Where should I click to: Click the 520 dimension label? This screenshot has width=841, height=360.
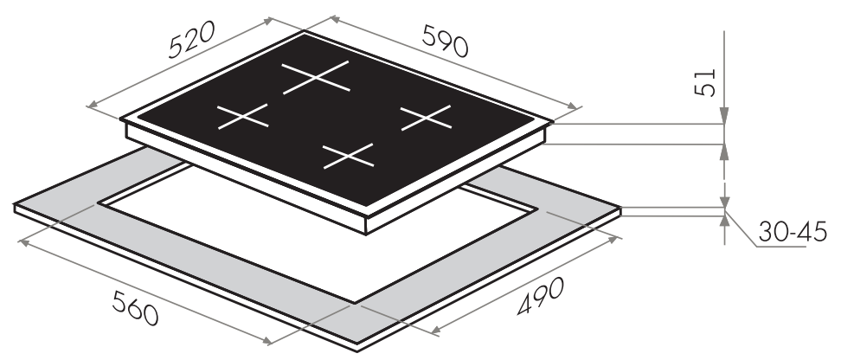tap(191, 39)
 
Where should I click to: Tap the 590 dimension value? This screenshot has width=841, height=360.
tap(446, 41)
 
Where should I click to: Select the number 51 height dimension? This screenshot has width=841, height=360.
tap(705, 82)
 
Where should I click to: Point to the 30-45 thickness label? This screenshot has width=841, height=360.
tap(793, 232)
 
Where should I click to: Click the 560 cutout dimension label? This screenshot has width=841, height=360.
tap(135, 308)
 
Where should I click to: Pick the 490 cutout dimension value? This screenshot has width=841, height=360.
tap(541, 296)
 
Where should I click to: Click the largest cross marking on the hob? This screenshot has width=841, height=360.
tap(316, 77)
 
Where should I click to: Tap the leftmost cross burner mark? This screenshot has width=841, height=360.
tap(242, 116)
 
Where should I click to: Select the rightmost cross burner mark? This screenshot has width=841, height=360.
tap(426, 118)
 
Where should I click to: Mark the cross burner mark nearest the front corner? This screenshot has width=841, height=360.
tap(348, 156)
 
